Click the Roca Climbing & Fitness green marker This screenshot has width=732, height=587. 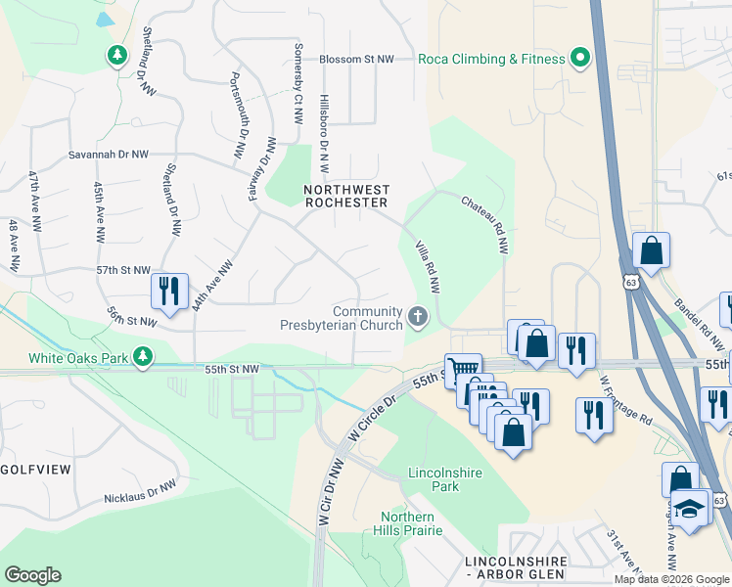580,59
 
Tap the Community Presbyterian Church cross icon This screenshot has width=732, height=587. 419,315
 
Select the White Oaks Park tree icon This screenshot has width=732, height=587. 144,356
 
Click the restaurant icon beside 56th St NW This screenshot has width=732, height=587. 169,291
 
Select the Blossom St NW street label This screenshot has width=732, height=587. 357,59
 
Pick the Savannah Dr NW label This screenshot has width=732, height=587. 109,155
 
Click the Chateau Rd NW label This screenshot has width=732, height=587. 486,224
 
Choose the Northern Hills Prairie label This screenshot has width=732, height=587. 408,523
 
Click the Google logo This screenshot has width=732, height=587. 32,575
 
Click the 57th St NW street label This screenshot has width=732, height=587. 123,270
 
